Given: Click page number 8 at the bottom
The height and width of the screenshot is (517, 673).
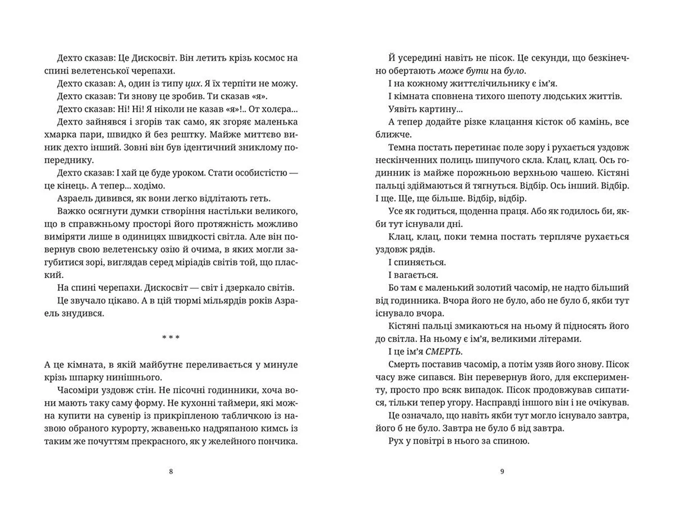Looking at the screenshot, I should click(x=171, y=471).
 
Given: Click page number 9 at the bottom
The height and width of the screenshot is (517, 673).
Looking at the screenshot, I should click(x=502, y=471).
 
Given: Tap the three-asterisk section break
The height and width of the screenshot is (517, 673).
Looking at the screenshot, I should click(x=171, y=338).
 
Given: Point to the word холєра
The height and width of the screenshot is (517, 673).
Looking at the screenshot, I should click(x=277, y=109).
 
